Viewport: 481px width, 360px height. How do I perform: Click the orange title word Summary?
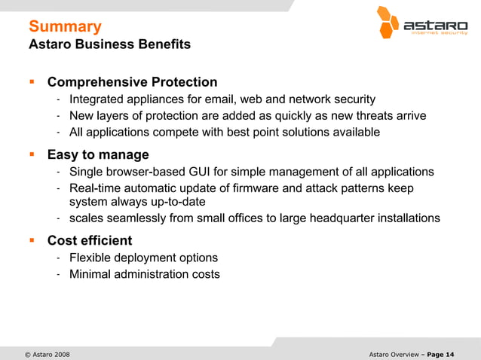click(65, 27)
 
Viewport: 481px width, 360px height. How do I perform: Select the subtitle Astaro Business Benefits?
click(109, 44)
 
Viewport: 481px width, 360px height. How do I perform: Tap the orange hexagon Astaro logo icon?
click(388, 22)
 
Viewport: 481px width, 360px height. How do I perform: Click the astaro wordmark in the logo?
click(436, 25)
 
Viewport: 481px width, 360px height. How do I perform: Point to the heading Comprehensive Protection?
click(132, 82)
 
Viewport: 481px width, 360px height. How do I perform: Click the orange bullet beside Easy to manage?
click(32, 155)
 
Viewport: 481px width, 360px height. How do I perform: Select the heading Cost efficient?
click(89, 241)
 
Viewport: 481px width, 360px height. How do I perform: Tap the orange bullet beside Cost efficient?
click(32, 241)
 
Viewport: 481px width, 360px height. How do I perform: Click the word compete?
click(184, 133)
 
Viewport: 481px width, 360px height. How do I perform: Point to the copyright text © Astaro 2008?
click(47, 354)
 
